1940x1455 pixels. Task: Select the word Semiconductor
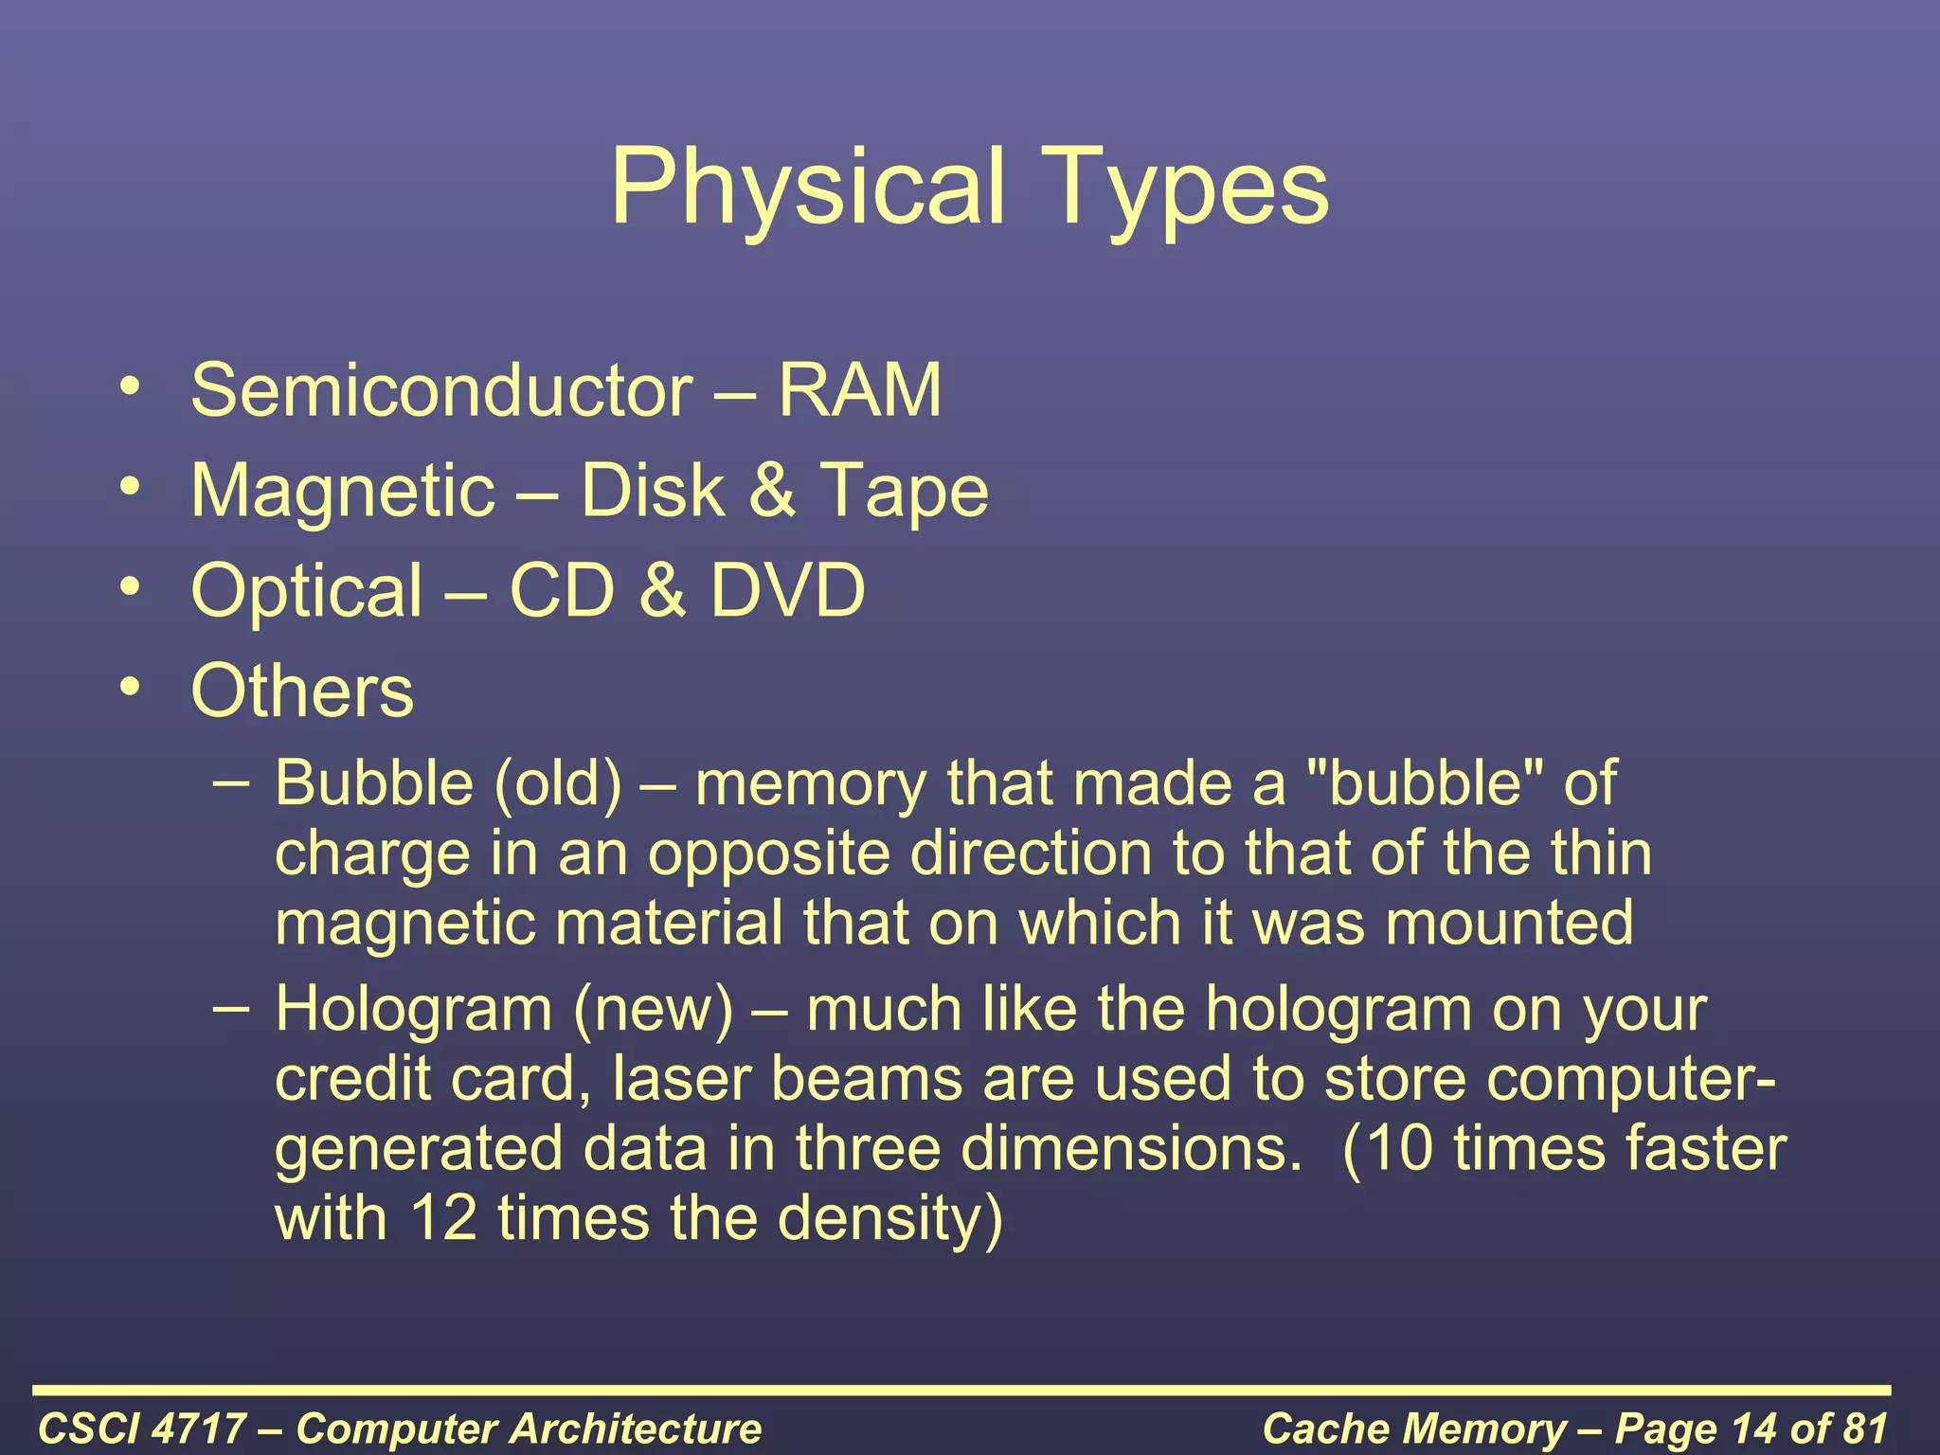tap(441, 390)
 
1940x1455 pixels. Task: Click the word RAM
tap(859, 390)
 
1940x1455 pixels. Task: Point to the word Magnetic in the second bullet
tap(343, 491)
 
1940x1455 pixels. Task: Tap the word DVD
tap(787, 589)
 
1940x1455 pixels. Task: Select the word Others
tap(302, 691)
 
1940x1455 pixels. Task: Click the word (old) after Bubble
tap(557, 783)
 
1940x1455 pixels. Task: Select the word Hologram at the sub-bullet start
tap(413, 1009)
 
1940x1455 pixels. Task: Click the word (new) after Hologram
tap(653, 1009)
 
